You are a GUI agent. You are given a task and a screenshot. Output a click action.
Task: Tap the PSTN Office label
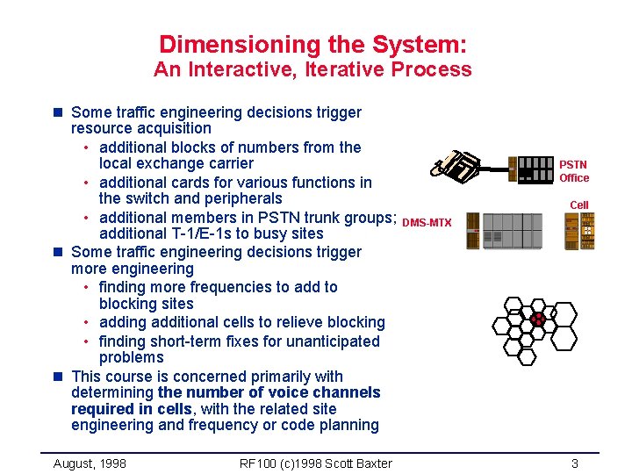574,171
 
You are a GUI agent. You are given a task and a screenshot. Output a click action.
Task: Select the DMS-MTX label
427,223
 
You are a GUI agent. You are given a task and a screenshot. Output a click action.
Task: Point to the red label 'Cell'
579,205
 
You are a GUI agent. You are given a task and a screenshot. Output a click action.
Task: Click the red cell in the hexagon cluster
537,321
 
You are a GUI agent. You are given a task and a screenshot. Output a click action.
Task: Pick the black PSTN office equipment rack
535,169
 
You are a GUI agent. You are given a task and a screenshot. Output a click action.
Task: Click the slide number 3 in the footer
574,463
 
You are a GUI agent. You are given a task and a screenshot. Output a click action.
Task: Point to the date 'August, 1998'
90,463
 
